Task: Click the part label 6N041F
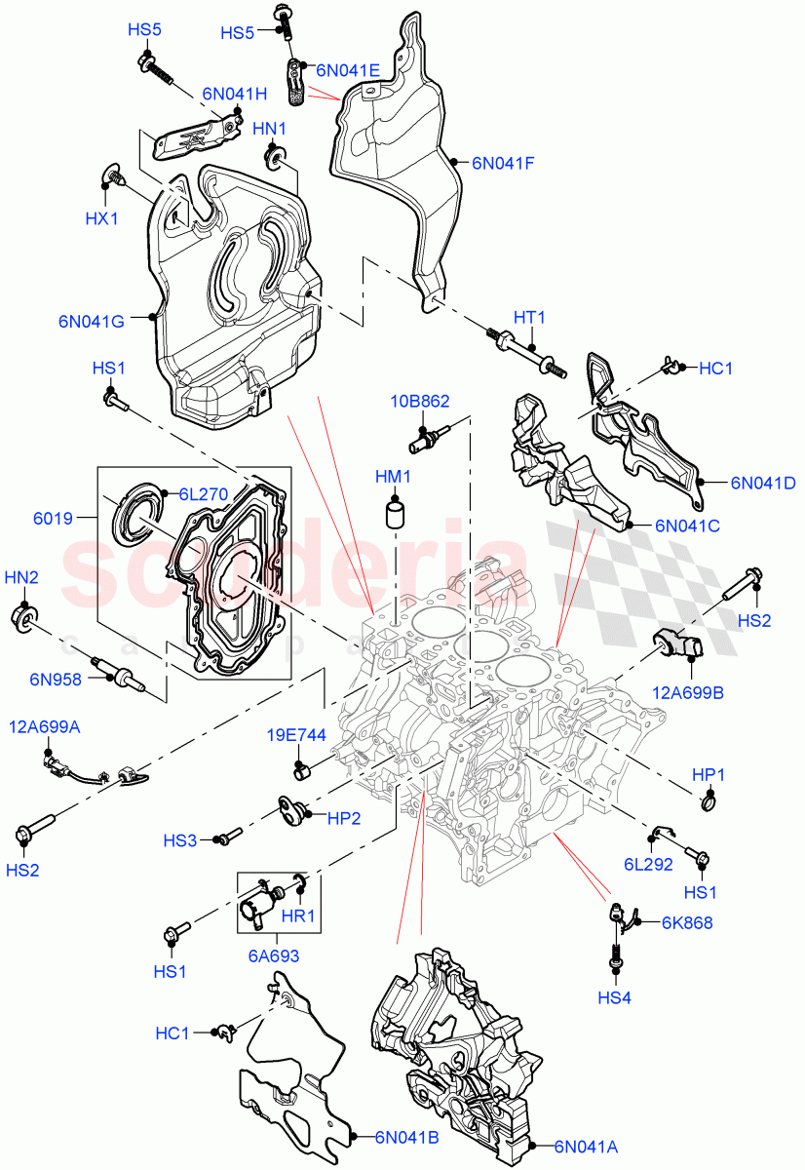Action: pyautogui.click(x=502, y=164)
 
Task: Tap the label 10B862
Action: pyautogui.click(x=420, y=402)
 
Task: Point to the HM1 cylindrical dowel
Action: pyautogui.click(x=395, y=514)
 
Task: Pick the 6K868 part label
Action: pyautogui.click(x=687, y=921)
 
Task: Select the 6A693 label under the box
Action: pyautogui.click(x=272, y=956)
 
